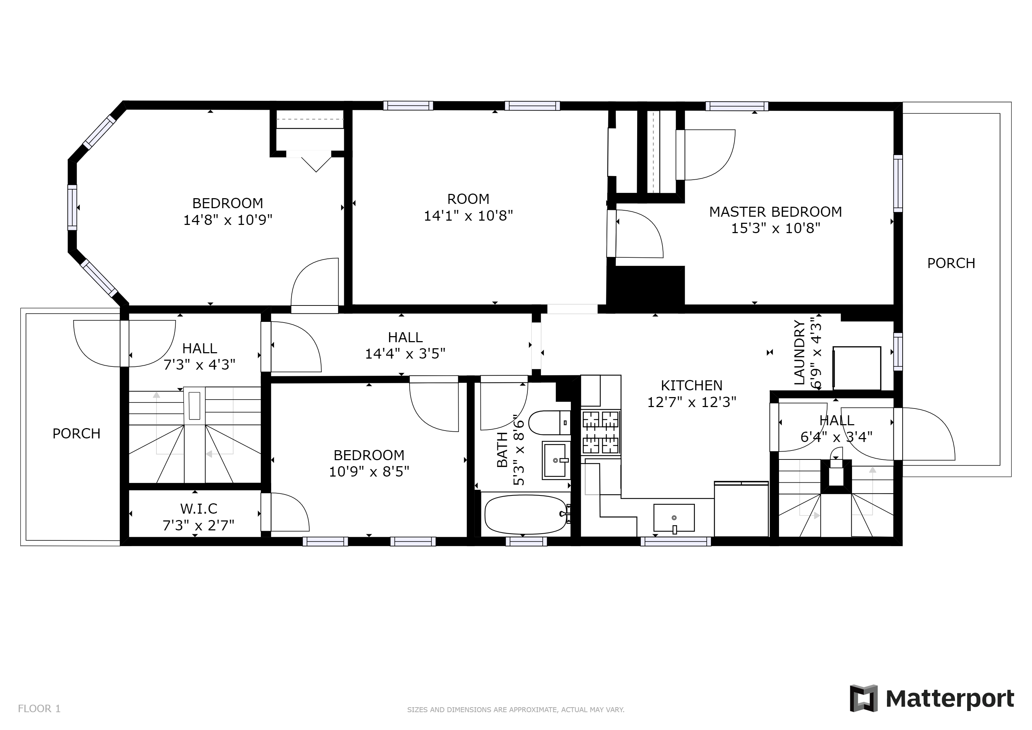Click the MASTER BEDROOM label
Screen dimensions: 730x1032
(775, 212)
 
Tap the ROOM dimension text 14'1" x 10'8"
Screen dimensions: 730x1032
(468, 216)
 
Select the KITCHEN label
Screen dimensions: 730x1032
(691, 385)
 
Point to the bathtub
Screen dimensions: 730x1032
(525, 515)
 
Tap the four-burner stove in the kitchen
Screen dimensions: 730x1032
(600, 432)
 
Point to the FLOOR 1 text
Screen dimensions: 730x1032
(39, 709)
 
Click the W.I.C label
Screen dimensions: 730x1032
(199, 508)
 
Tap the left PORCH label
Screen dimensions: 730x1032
(76, 433)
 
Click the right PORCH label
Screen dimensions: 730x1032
(951, 263)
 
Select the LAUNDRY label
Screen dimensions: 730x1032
(799, 353)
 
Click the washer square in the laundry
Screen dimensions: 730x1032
(857, 368)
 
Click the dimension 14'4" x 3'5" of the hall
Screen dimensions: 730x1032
(404, 354)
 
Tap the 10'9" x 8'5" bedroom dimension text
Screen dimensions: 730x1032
(369, 472)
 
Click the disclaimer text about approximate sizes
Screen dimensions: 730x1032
(516, 710)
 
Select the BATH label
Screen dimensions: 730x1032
(502, 449)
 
